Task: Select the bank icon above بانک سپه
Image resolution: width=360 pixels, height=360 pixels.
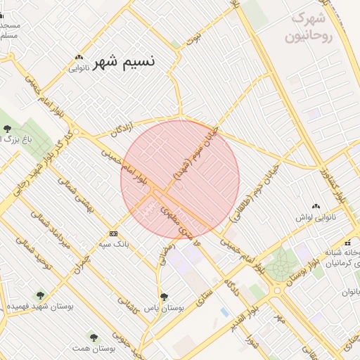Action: tap(113, 233)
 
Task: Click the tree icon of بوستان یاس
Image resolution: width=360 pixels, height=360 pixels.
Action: tap(164, 297)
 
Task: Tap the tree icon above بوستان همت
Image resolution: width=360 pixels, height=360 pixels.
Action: tap(93, 337)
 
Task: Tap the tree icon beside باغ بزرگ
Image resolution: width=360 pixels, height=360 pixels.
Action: tap(7, 128)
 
